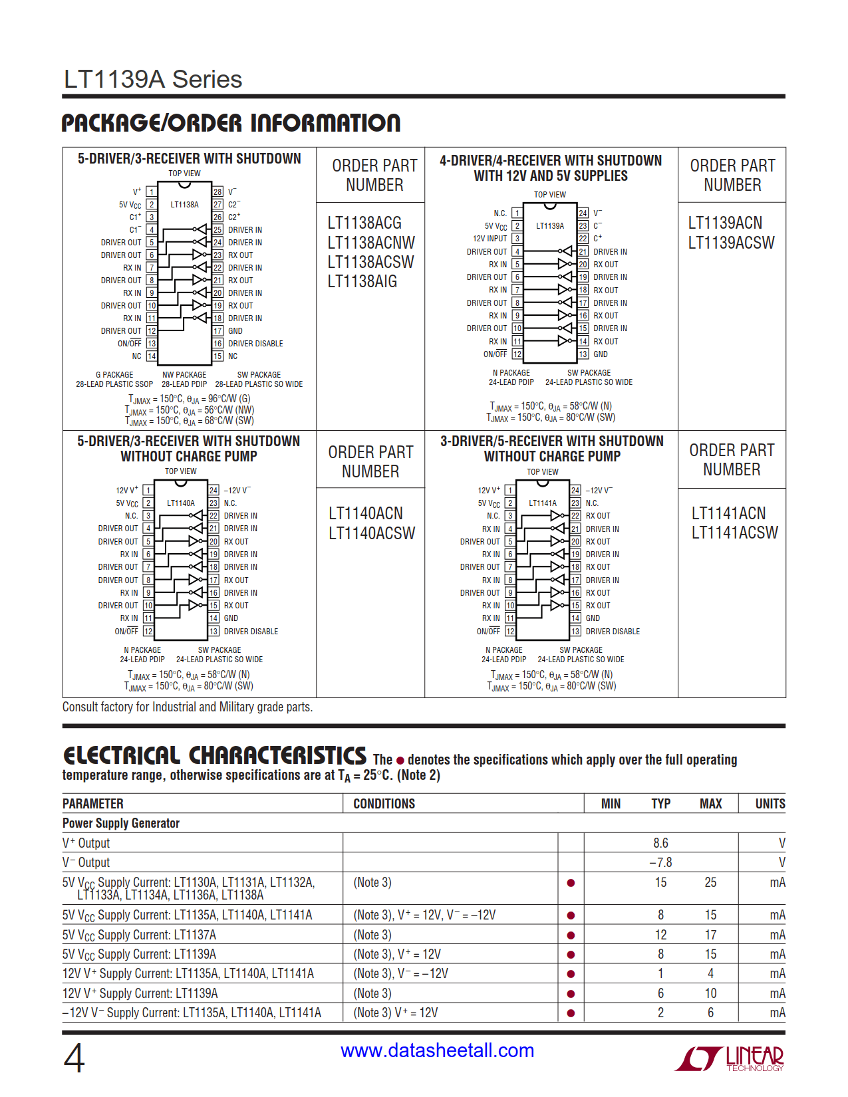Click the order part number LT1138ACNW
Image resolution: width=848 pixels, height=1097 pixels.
pyautogui.click(x=370, y=243)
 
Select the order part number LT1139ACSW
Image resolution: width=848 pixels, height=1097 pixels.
pyautogui.click(x=731, y=243)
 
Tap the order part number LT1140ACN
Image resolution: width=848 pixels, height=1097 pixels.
pyautogui.click(x=365, y=513)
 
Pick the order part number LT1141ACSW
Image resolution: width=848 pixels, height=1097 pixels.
pyautogui.click(x=734, y=533)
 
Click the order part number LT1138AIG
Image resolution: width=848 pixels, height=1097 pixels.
pyautogui.click(x=362, y=281)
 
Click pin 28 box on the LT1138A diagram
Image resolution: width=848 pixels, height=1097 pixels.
pyautogui.click(x=217, y=191)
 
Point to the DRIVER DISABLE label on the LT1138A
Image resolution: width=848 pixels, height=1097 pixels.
pyautogui.click(x=255, y=344)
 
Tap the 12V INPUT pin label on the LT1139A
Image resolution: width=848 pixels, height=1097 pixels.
pyautogui.click(x=490, y=239)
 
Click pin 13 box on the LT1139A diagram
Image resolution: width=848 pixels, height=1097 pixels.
pyautogui.click(x=583, y=354)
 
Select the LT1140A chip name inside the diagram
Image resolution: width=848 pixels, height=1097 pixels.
pyautogui.click(x=181, y=503)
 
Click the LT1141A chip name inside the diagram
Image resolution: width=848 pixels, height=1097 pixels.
pyautogui.click(x=543, y=503)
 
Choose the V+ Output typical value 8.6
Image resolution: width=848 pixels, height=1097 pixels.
pyautogui.click(x=660, y=843)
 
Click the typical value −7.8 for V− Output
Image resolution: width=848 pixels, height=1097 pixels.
pyautogui.click(x=660, y=862)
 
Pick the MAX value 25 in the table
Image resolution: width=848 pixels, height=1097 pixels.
pyautogui.click(x=710, y=882)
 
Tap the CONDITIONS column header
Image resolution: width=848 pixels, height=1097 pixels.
pyautogui.click(x=384, y=804)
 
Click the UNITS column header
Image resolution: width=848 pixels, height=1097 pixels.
pyautogui.click(x=770, y=804)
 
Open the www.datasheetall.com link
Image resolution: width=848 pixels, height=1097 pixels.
pyautogui.click(x=437, y=1050)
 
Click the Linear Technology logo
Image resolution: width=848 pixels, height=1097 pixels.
pyautogui.click(x=730, y=1058)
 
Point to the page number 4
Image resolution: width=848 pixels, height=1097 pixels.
pyautogui.click(x=74, y=1058)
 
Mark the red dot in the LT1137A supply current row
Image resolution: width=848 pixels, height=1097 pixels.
pyautogui.click(x=571, y=935)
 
